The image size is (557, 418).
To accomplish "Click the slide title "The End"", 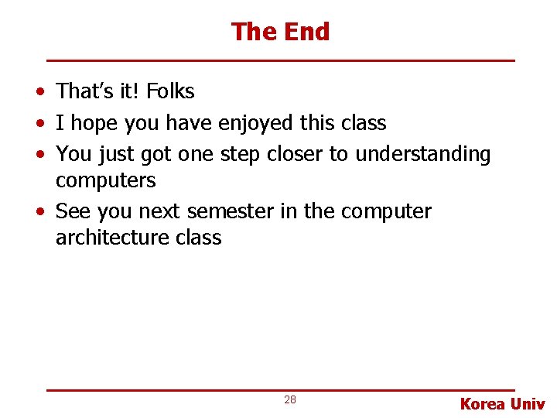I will (x=280, y=32).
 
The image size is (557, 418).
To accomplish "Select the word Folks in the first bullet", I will (x=170, y=91).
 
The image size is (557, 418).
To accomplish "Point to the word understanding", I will (x=422, y=155).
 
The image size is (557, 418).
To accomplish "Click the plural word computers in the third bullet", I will (x=105, y=181).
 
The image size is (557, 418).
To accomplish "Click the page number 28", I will (x=290, y=399).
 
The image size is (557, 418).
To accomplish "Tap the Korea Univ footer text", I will (x=502, y=403).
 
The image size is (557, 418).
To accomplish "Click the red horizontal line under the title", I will (x=280, y=60).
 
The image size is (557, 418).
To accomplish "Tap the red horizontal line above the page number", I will (x=280, y=389).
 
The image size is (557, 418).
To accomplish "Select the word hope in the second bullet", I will (x=92, y=124).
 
